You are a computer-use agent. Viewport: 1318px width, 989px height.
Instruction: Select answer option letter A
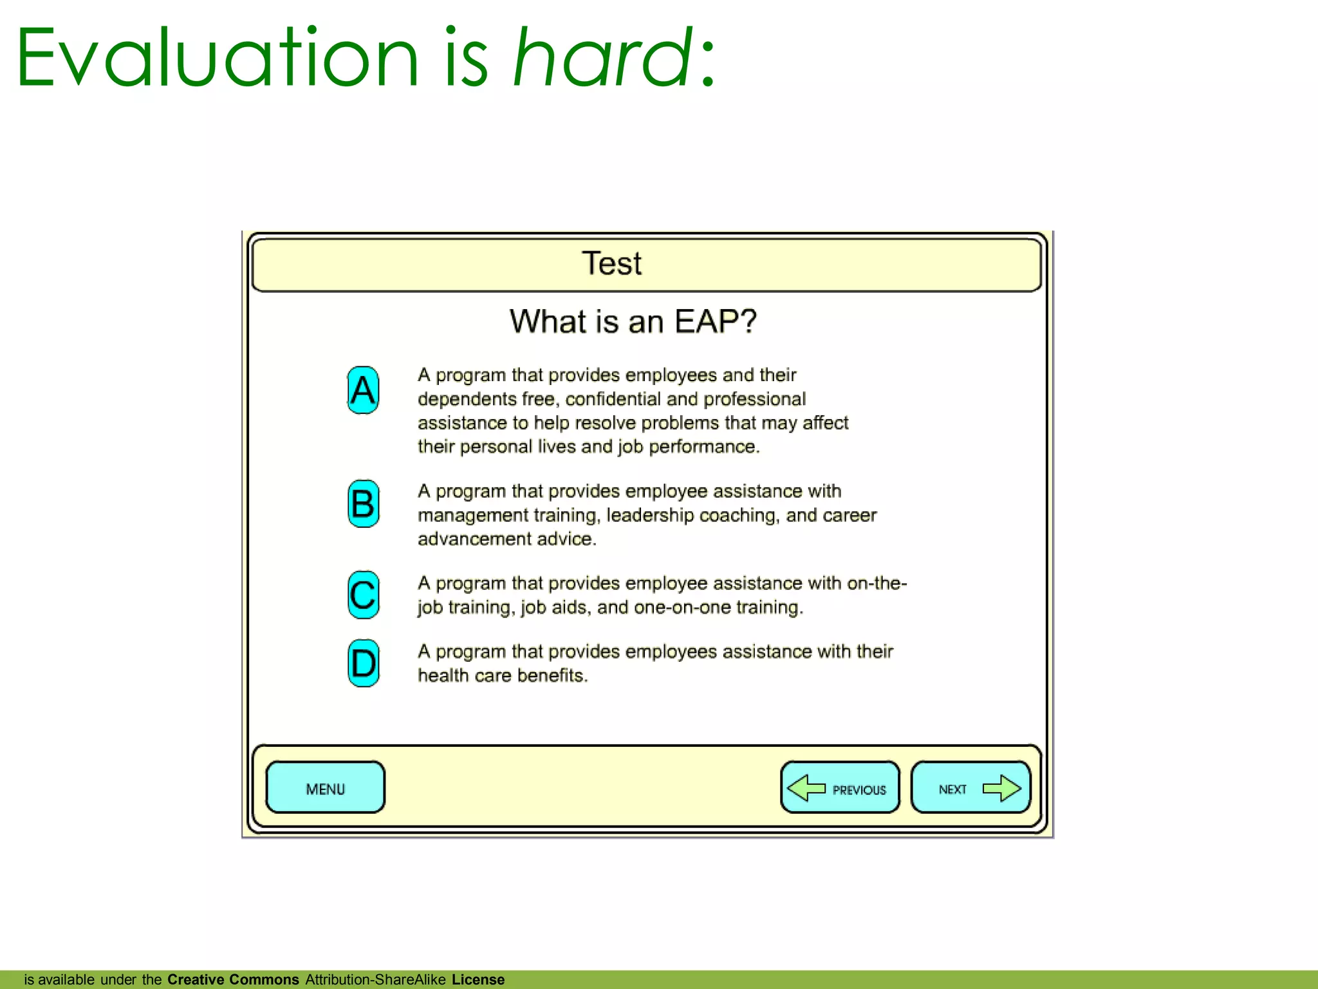tap(363, 390)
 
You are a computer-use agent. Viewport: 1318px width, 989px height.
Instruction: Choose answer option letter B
tap(363, 504)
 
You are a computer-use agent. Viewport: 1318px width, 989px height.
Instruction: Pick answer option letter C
tap(363, 595)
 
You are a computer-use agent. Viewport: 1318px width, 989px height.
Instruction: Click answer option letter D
tap(363, 663)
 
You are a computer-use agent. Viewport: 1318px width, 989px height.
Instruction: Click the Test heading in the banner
tap(611, 263)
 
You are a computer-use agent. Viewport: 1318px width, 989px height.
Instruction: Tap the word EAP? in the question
tap(716, 321)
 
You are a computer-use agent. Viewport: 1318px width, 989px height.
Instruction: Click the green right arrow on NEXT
tap(1001, 788)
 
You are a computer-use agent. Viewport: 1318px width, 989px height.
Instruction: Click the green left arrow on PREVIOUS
tap(806, 788)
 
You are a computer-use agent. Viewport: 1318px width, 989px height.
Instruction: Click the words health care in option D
tap(464, 675)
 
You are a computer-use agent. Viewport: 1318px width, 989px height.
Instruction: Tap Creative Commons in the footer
tap(233, 979)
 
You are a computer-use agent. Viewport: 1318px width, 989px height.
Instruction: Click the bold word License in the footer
tap(478, 979)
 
